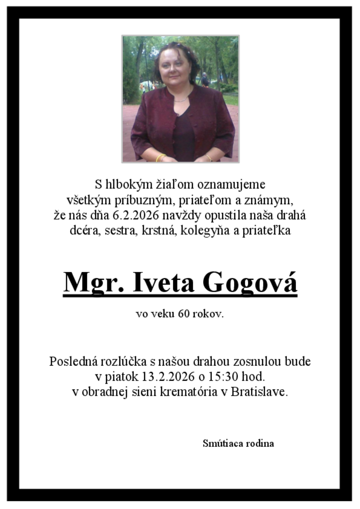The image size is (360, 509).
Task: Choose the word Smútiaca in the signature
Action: [221, 443]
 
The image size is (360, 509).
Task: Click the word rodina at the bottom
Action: [259, 443]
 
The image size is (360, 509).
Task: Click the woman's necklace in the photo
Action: [180, 99]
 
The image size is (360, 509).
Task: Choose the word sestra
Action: [119, 231]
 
